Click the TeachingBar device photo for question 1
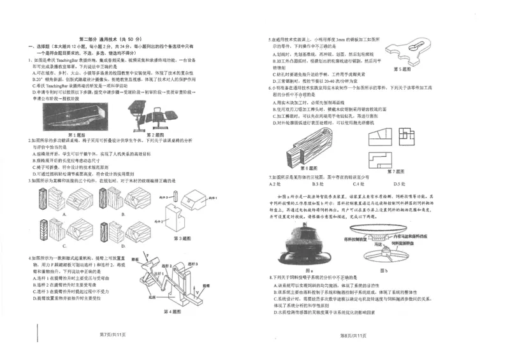pos(76,117)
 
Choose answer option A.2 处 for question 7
pos(275,184)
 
